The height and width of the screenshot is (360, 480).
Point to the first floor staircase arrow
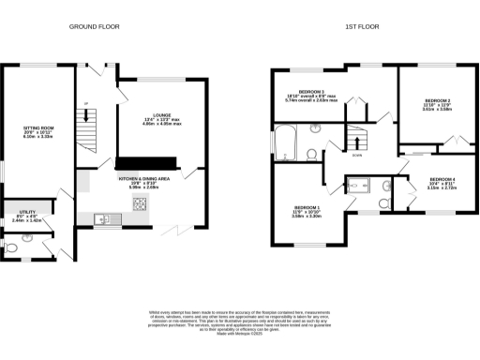356,141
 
